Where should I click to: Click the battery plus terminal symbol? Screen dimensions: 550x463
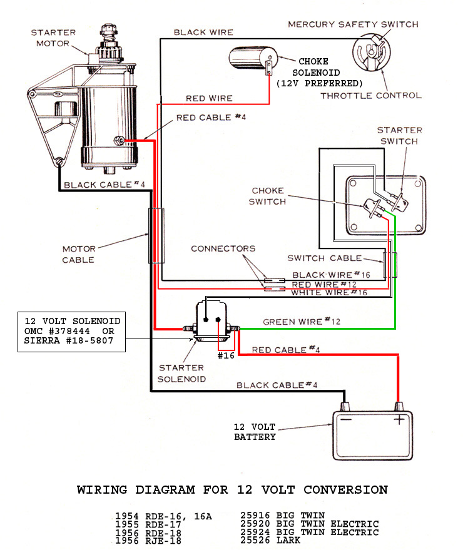click(x=399, y=420)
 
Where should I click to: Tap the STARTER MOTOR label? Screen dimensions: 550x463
click(x=54, y=38)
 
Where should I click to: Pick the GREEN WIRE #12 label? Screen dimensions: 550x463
click(x=302, y=322)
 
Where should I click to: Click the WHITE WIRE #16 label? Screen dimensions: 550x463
click(x=330, y=293)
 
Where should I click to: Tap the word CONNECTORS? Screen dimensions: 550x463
click(x=223, y=248)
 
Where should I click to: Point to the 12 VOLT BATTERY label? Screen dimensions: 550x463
click(x=255, y=432)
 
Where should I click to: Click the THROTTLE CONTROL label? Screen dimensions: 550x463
click(x=371, y=96)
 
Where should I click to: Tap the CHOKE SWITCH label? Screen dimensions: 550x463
click(x=267, y=196)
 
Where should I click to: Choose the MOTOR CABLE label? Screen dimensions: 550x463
click(x=79, y=254)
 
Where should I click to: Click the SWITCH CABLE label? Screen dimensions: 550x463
click(x=324, y=258)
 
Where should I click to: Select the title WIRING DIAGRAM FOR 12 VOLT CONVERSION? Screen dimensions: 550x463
click(x=232, y=489)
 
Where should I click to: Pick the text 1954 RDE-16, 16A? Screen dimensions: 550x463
click(x=164, y=517)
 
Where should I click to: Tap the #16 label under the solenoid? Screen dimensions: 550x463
click(x=226, y=355)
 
